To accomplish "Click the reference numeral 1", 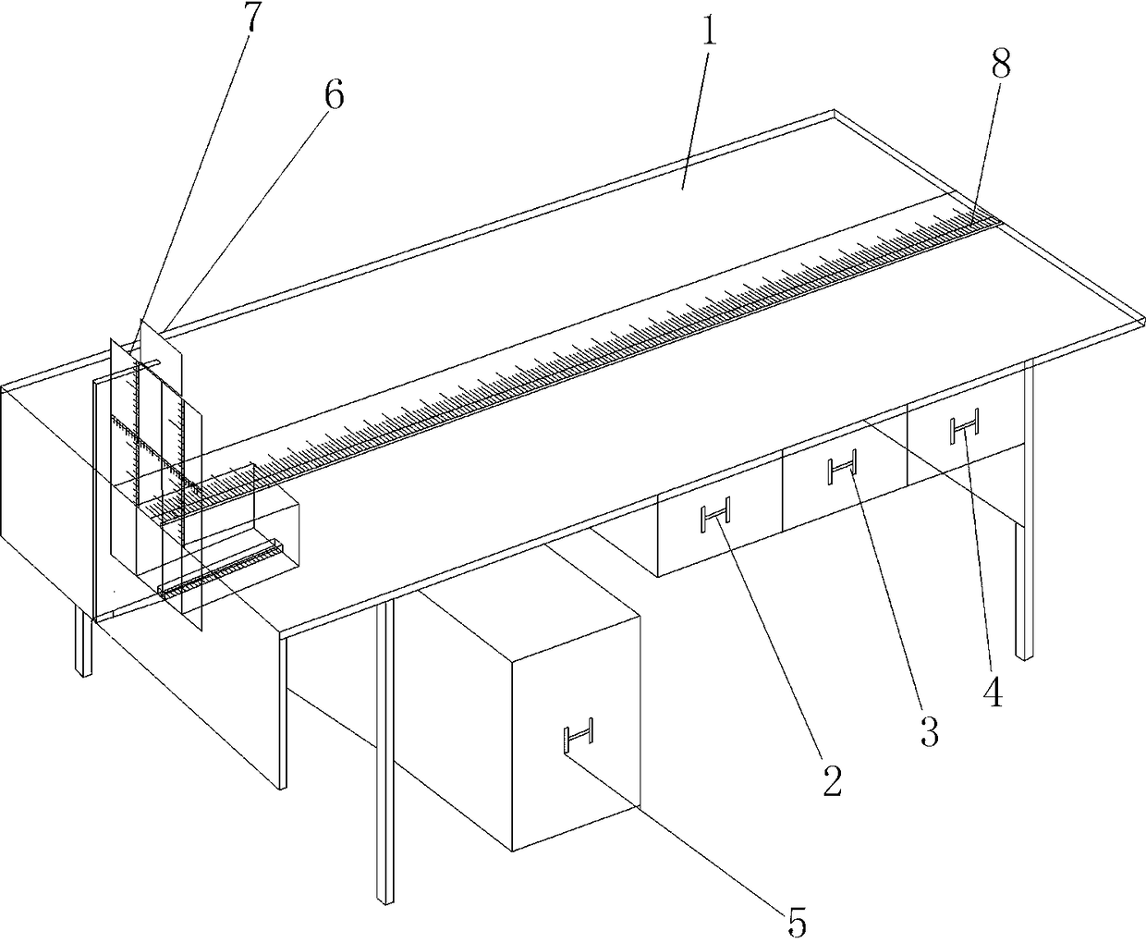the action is [x=709, y=26].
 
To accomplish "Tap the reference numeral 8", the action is [x=1000, y=63].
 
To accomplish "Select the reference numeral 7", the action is [x=250, y=17].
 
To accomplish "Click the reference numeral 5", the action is [x=797, y=922].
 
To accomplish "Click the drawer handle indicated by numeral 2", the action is [x=715, y=514].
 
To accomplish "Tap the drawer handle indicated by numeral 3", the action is [x=842, y=466].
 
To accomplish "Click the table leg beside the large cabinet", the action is [x=384, y=750].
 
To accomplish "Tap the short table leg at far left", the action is [x=83, y=643].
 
